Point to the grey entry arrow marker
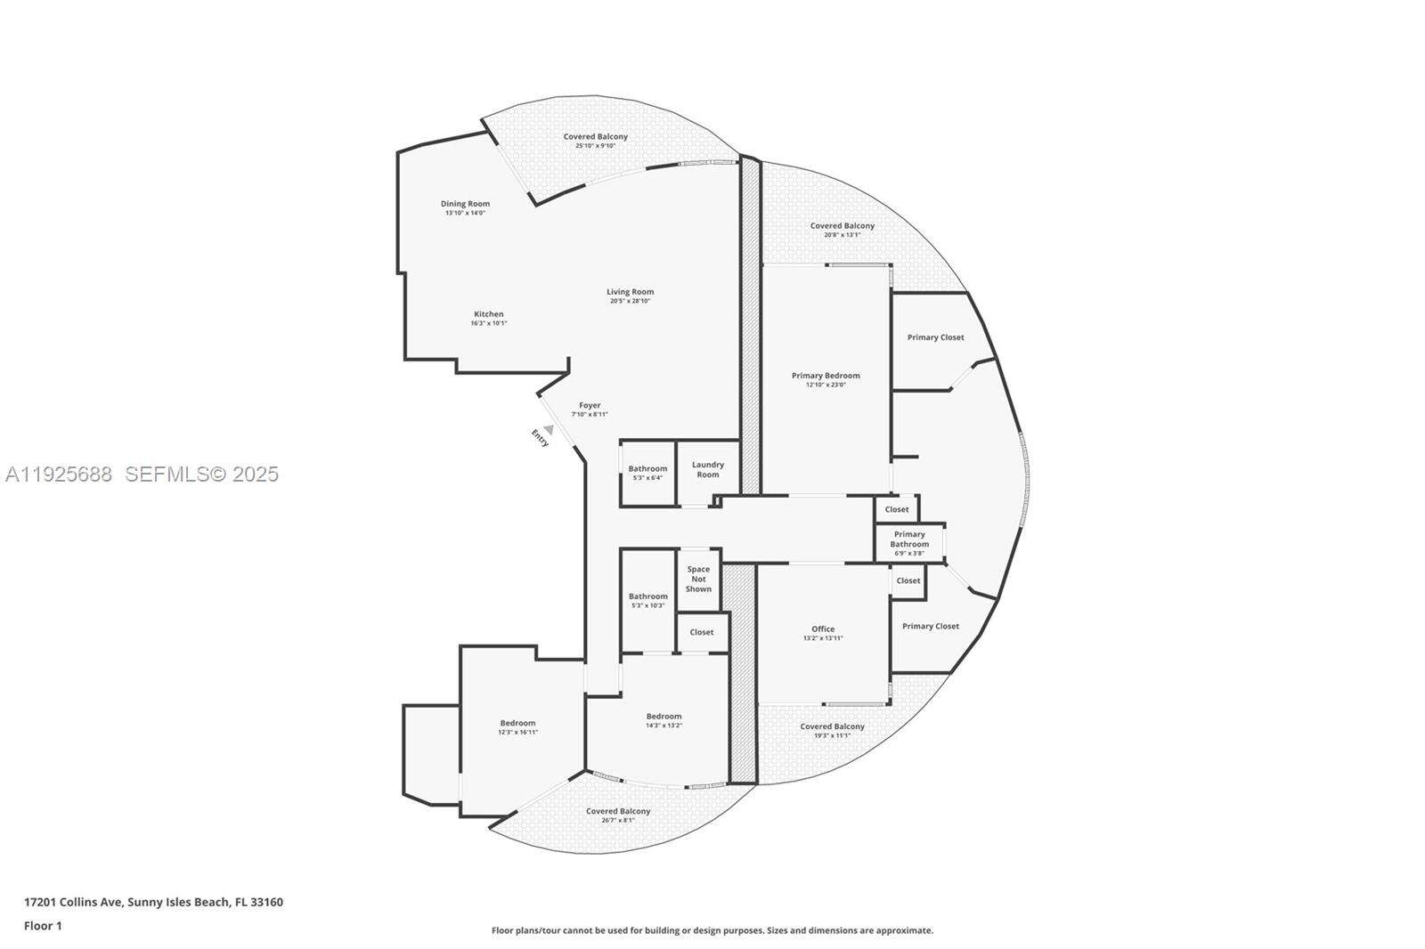(x=550, y=429)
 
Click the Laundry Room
(x=708, y=469)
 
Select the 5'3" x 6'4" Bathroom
(x=647, y=472)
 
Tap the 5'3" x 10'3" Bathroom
(x=647, y=600)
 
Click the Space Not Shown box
(x=698, y=579)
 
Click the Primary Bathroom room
(x=909, y=542)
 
